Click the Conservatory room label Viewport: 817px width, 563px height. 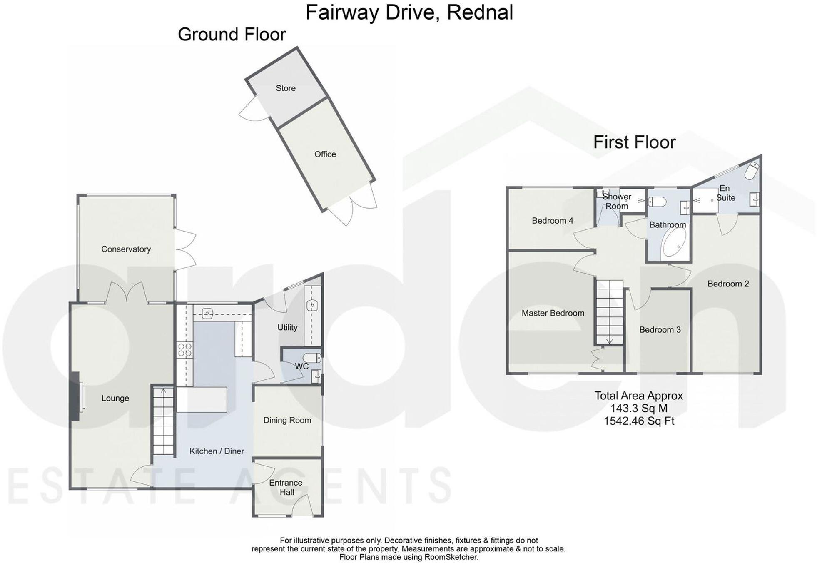pos(126,249)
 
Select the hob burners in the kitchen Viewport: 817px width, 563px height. pos(184,349)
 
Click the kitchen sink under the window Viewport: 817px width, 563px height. pos(207,314)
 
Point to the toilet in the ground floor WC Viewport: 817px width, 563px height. pos(311,358)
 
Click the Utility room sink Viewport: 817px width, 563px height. pos(312,306)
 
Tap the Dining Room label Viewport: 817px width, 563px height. pos(287,420)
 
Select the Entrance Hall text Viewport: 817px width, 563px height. pos(286,487)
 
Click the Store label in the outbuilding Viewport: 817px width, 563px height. pos(286,88)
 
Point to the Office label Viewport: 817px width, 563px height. pos(325,154)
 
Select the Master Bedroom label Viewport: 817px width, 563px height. pos(553,313)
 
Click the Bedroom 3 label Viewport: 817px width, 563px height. pos(660,330)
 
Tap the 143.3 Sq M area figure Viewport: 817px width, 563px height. pos(638,409)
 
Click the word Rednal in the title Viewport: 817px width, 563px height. pos(480,12)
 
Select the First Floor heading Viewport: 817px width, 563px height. pos(634,142)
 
